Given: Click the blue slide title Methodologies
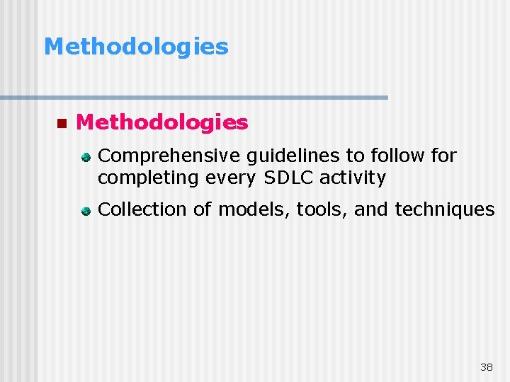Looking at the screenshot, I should pos(136,47).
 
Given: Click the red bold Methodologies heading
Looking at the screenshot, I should pos(161,122).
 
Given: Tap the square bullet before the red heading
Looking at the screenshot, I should pos(61,123).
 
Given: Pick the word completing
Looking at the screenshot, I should pos(149,178).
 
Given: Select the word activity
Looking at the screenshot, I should pos(353,178).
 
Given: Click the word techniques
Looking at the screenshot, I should pos(444,209).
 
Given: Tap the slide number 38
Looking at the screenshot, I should pos(486,367).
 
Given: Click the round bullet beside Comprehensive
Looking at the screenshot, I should pos(85,156).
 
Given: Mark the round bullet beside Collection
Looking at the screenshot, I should pos(85,210).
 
